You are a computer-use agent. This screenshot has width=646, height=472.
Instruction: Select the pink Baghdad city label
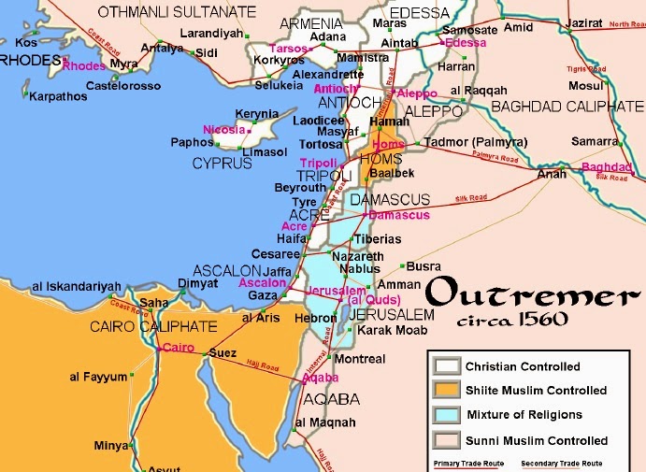pyautogui.click(x=607, y=166)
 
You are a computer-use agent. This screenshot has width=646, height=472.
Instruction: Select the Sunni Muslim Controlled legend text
pyautogui.click(x=536, y=440)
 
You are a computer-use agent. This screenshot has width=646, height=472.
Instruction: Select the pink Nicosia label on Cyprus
pyautogui.click(x=223, y=129)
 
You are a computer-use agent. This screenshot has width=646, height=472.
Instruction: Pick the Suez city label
pyautogui.click(x=221, y=353)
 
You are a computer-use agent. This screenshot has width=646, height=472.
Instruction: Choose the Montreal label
pyautogui.click(x=359, y=359)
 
